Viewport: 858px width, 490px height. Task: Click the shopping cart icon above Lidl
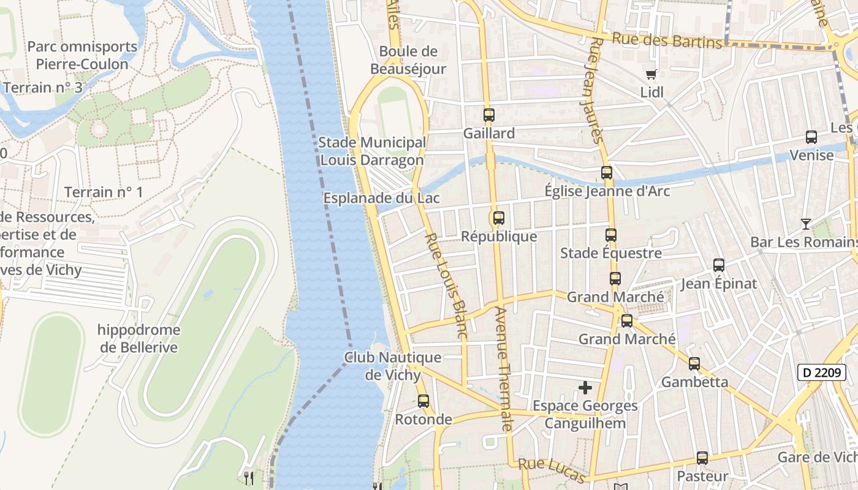point(651,74)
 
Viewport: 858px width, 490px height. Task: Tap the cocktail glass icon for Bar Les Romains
point(805,224)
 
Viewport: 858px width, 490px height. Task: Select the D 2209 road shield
point(818,372)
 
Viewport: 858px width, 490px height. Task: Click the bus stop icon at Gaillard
point(488,115)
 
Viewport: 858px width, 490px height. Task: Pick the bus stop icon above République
point(499,218)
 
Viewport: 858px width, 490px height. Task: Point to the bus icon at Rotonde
point(423,401)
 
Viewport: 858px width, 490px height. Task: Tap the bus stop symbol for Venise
point(811,137)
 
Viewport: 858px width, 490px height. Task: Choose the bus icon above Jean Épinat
point(719,265)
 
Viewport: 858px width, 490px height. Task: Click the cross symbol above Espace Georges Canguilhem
point(585,388)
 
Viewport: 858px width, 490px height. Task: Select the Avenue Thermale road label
point(503,367)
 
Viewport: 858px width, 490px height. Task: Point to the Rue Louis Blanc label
point(446,285)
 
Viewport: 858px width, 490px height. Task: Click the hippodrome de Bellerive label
point(139,339)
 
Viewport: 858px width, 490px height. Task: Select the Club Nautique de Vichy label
point(392,366)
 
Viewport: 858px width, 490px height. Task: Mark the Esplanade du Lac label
point(381,198)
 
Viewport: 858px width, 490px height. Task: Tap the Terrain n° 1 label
point(104,192)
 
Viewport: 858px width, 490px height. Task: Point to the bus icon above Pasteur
point(702,458)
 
